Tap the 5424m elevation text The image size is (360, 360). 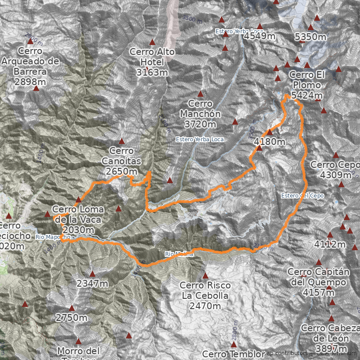pos(307,95)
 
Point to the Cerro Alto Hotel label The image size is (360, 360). pos(152,57)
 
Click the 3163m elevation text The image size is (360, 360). pos(152,72)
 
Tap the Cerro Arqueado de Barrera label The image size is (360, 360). pos(30,66)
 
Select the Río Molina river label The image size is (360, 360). pos(179,254)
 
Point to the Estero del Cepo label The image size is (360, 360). pos(302,196)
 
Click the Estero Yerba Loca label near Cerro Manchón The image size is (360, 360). pos(200,139)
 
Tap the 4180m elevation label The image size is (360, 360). pos(270,142)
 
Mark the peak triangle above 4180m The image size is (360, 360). pos(270,132)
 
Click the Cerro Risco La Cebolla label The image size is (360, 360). pos(205,290)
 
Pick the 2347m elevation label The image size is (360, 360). pos(92,283)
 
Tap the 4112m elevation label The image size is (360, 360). pos(330,245)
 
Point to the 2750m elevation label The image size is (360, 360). pos(71,318)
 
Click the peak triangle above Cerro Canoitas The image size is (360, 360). pos(121,141)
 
